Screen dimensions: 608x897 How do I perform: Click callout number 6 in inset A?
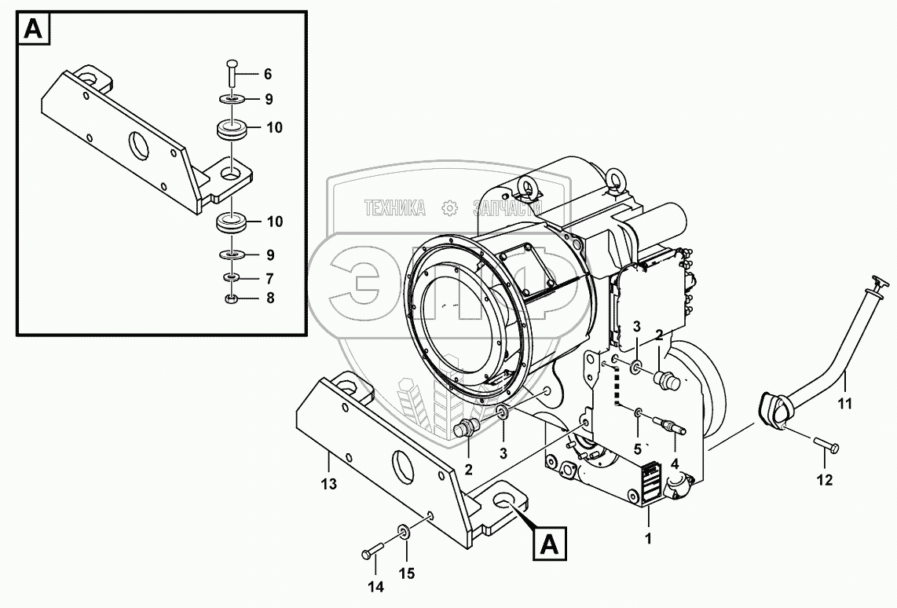click(x=267, y=74)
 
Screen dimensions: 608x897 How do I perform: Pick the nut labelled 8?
click(x=231, y=299)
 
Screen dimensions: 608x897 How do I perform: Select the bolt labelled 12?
click(x=824, y=447)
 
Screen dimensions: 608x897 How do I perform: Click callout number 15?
click(x=405, y=573)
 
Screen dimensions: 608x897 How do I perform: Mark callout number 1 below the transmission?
click(x=648, y=540)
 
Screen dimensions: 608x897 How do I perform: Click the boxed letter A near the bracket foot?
click(x=550, y=543)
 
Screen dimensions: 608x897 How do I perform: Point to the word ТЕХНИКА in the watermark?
click(x=394, y=208)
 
